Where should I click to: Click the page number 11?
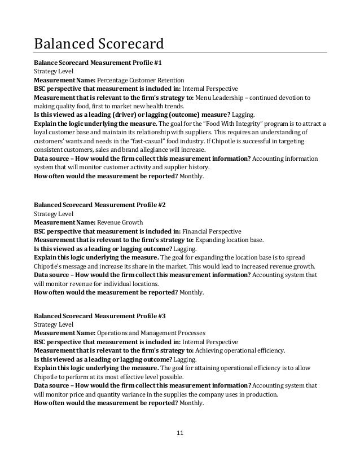pos(181,433)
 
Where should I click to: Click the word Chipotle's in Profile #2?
pos(51,266)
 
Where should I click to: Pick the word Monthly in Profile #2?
pos(192,293)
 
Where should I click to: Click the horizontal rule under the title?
pos(181,52)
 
